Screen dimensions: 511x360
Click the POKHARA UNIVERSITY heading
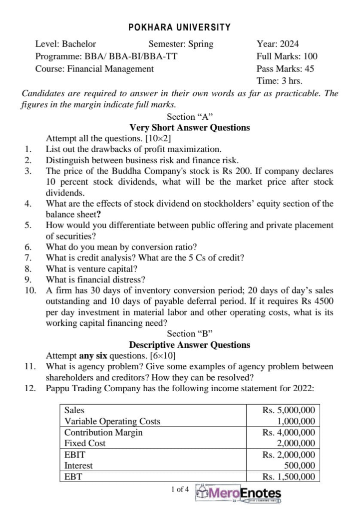point(180,27)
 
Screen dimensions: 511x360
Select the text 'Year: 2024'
point(278,44)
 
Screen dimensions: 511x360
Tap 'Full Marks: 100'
point(287,56)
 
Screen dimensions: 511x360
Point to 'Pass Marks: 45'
point(285,69)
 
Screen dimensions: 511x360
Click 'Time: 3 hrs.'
point(279,81)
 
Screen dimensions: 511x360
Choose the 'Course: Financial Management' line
point(94,69)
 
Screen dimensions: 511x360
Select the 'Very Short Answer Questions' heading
point(190,128)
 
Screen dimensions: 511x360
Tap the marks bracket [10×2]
point(161,138)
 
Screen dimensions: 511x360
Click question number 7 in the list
point(28,258)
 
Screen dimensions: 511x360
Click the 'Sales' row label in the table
point(74,410)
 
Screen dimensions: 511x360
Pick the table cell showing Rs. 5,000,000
point(289,410)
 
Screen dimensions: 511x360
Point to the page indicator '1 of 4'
point(180,489)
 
